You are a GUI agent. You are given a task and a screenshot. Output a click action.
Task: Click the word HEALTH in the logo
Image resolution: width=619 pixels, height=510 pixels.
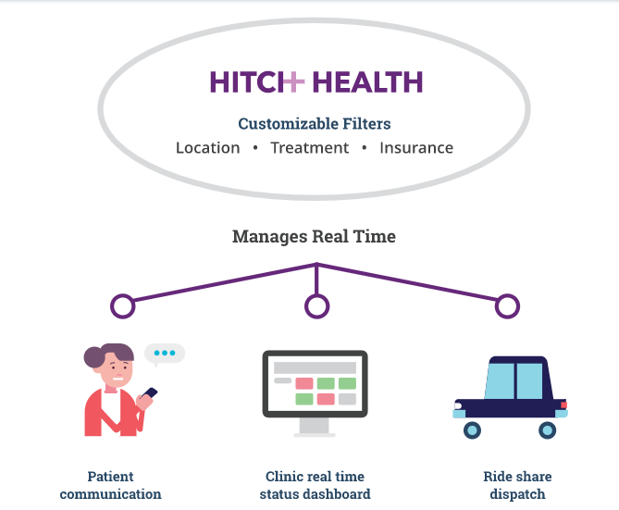(x=367, y=82)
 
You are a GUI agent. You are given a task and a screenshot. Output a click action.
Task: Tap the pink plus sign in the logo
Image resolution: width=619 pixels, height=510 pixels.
(x=294, y=81)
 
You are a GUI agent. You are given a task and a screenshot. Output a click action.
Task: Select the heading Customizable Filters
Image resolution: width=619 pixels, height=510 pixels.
(x=315, y=124)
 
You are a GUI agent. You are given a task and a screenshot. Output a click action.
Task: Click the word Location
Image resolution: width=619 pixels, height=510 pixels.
(x=207, y=148)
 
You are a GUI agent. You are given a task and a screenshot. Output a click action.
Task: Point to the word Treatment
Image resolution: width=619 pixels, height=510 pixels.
(x=309, y=148)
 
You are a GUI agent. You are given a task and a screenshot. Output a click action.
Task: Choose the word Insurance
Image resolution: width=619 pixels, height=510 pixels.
(x=416, y=148)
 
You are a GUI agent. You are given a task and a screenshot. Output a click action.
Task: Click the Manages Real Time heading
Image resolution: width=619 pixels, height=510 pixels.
(x=314, y=237)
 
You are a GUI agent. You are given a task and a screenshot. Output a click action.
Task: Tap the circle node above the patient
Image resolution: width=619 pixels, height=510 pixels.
(x=123, y=306)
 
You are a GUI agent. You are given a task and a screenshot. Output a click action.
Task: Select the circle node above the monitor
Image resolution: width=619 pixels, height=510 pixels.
(x=317, y=306)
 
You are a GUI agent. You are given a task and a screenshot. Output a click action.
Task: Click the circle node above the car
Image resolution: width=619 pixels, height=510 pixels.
(x=507, y=306)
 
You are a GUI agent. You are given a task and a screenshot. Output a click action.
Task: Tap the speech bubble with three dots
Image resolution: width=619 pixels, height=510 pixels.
(x=165, y=354)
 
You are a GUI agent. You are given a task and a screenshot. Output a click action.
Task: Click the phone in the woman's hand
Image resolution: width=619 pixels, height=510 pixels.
(x=150, y=393)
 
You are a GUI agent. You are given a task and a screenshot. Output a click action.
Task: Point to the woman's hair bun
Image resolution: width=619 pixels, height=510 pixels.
(x=94, y=357)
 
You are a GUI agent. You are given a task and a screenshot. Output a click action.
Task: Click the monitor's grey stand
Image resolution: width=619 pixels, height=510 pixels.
(x=315, y=427)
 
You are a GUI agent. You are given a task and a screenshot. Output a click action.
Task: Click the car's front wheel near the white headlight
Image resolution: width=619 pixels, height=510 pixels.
(x=472, y=430)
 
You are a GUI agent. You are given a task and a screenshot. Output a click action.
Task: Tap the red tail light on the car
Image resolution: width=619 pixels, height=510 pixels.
(x=563, y=404)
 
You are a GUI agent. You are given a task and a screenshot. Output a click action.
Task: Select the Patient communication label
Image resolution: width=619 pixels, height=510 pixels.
(x=110, y=485)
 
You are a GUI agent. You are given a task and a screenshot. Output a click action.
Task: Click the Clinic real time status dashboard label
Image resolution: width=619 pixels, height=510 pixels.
(x=315, y=485)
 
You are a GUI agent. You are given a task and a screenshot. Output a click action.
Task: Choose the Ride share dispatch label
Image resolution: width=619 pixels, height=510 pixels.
(x=517, y=485)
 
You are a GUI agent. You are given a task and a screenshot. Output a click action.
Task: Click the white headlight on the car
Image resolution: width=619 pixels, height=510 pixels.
(x=458, y=405)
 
